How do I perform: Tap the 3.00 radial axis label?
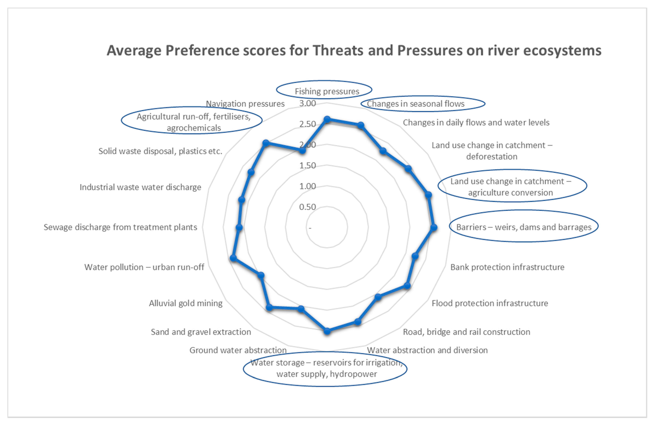tap(308, 103)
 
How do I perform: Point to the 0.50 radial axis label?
tap(308, 207)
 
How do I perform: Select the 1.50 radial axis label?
tap(308, 166)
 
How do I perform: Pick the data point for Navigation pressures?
tap(302, 151)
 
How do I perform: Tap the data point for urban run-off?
tap(233, 258)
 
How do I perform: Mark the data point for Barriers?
tap(434, 227)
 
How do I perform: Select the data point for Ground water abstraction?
tap(301, 309)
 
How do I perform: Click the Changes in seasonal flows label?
tap(415, 104)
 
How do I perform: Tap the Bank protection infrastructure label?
tap(507, 267)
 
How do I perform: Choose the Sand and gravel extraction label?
tap(201, 332)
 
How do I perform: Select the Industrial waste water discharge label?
tap(140, 187)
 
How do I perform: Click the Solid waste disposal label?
tap(160, 151)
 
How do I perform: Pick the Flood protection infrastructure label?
tap(490, 303)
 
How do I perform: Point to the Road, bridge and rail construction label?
tap(466, 332)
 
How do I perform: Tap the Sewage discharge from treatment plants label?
tap(120, 227)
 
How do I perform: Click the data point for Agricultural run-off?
tap(266, 143)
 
